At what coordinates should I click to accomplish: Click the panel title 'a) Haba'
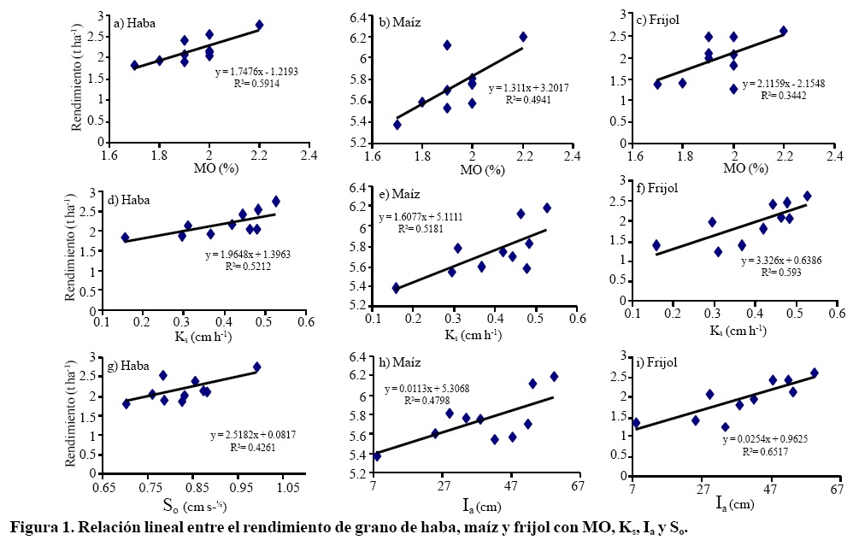pyautogui.click(x=140, y=24)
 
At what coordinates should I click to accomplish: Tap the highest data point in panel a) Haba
pyautogui.click(x=260, y=25)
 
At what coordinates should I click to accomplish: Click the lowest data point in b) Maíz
pyautogui.click(x=397, y=124)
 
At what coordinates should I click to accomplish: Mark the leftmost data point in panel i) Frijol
pyautogui.click(x=635, y=422)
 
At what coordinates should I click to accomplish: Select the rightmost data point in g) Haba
pyautogui.click(x=256, y=367)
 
